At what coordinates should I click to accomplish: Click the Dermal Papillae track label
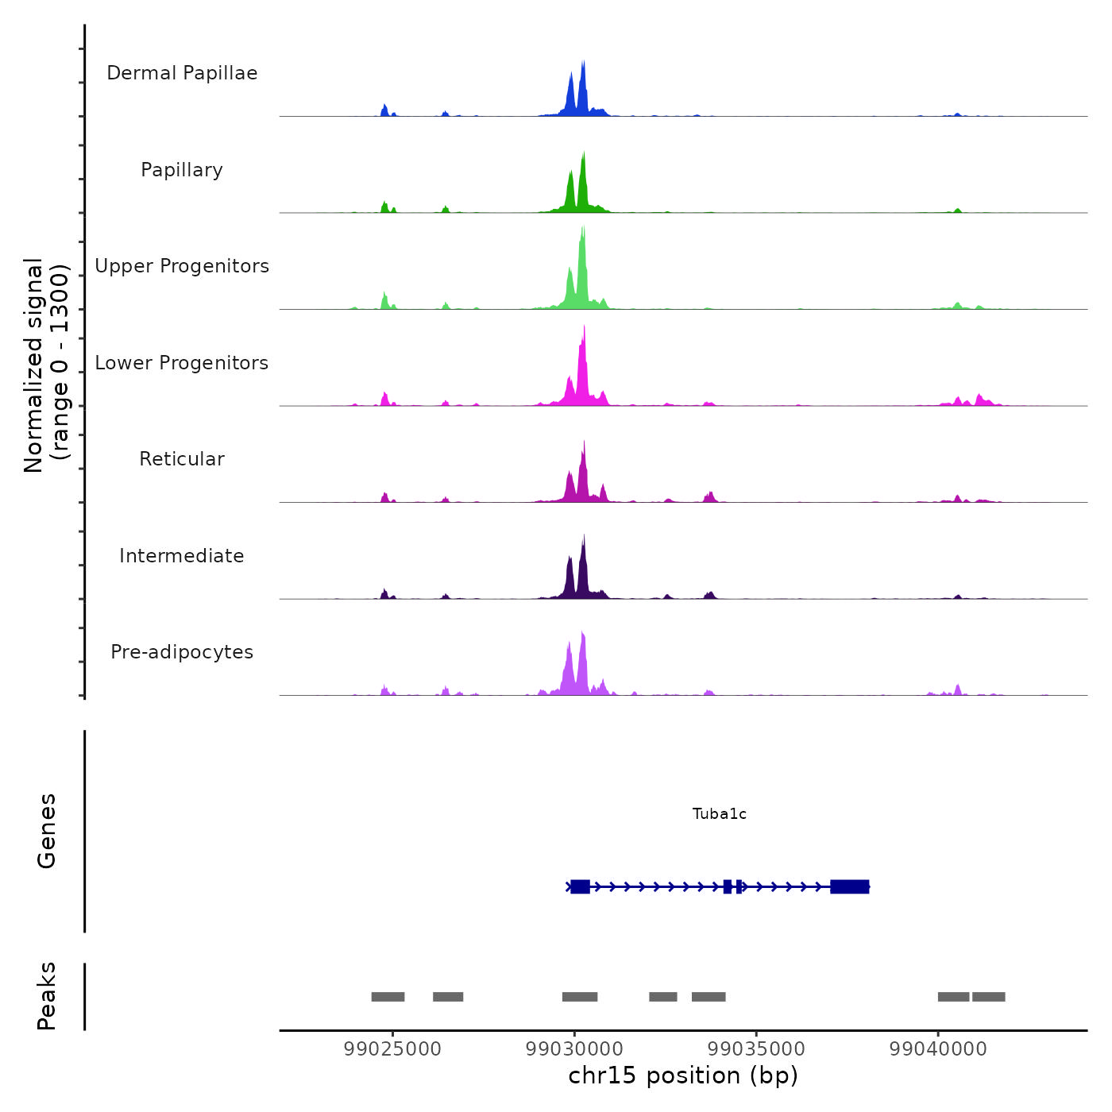(182, 73)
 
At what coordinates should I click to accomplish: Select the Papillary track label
(182, 170)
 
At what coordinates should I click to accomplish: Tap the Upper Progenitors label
(182, 266)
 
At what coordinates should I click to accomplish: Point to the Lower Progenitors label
(182, 363)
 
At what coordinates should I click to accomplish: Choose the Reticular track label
(182, 459)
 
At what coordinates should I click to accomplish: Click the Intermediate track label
(182, 556)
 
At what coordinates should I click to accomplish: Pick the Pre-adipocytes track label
(182, 652)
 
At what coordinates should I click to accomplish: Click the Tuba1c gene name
(719, 813)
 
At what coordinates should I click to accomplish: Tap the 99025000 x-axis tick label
(392, 1048)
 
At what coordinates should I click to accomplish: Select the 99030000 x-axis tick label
(574, 1048)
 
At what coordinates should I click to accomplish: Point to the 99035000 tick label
(756, 1048)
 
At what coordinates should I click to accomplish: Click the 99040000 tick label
(938, 1048)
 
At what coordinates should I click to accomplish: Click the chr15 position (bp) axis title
(683, 1075)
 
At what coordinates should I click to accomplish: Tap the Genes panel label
(46, 831)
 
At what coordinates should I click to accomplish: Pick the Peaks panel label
(46, 996)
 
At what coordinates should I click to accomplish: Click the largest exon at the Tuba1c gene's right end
(849, 886)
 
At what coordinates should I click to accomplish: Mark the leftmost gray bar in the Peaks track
(388, 997)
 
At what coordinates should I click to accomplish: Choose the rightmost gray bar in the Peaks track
(988, 997)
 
